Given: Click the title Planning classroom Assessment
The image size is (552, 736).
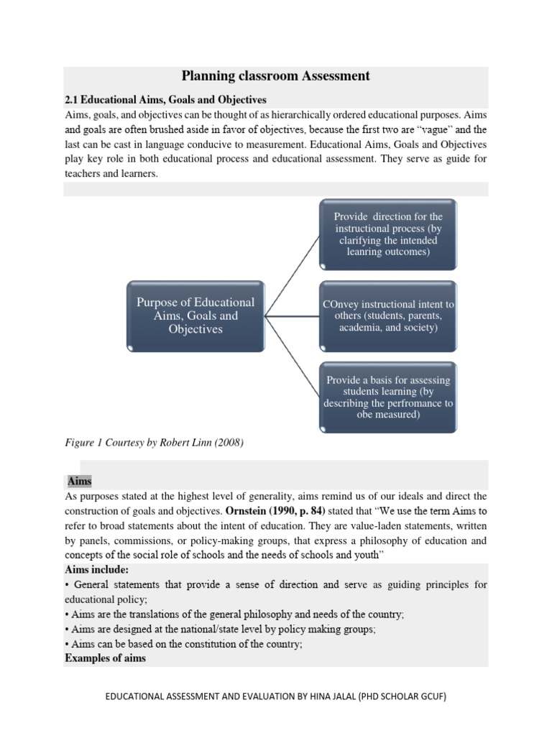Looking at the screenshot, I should (x=275, y=75).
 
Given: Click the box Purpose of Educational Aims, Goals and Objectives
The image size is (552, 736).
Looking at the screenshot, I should (x=195, y=316).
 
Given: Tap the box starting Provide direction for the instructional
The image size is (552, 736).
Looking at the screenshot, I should (x=388, y=234).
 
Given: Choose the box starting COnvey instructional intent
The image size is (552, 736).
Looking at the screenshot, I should (x=388, y=316).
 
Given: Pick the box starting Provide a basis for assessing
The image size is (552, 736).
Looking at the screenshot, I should (x=388, y=397).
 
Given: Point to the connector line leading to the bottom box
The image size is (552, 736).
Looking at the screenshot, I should (x=293, y=356).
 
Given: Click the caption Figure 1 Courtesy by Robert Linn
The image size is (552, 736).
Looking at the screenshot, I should (x=154, y=443).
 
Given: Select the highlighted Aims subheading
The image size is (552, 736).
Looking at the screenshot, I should (x=80, y=481).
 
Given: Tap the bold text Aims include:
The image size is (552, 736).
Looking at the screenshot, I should (x=96, y=570).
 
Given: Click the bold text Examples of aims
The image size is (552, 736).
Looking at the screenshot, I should (x=105, y=658).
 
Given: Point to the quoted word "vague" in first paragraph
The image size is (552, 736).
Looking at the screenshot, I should (x=435, y=130).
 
